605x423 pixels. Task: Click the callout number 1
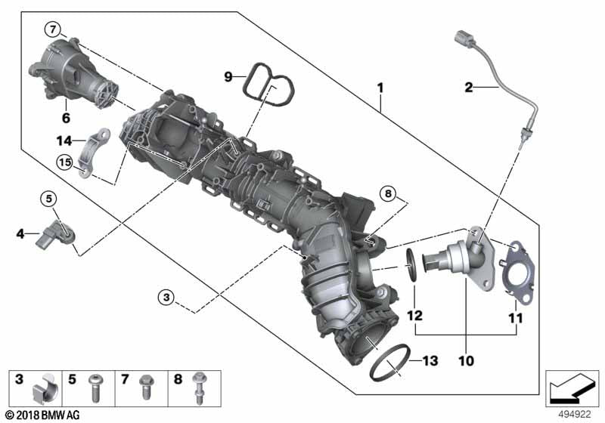[x=380, y=88]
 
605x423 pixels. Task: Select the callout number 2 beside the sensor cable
[x=468, y=88]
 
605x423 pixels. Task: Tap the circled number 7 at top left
[x=51, y=29]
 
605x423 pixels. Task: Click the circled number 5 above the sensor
[x=49, y=199]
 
